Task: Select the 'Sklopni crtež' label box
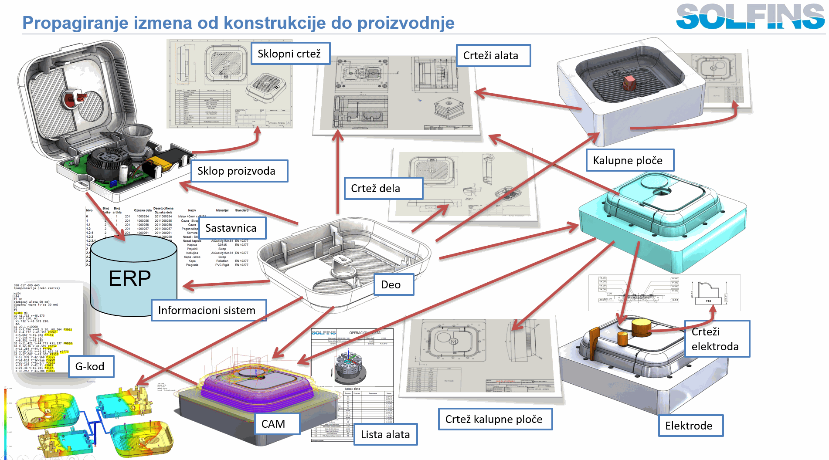click(x=290, y=54)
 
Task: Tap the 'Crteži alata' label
click(x=493, y=55)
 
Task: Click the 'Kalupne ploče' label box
click(x=629, y=160)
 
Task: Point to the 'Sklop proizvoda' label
click(x=239, y=171)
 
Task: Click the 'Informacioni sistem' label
click(x=208, y=310)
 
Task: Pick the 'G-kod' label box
click(x=91, y=366)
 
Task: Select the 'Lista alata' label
click(x=385, y=434)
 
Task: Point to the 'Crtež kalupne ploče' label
click(x=495, y=419)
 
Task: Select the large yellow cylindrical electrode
click(x=641, y=327)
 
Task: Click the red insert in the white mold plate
click(x=629, y=82)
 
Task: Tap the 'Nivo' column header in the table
click(x=89, y=210)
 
